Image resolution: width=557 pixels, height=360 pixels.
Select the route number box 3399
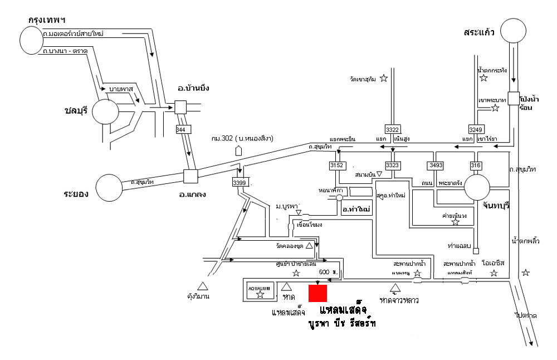(x=239, y=182)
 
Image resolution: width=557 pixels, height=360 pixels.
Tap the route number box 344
(x=180, y=129)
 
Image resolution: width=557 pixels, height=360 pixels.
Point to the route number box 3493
(x=435, y=166)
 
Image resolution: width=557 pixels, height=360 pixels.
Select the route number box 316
(x=475, y=166)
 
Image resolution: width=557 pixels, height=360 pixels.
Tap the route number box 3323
(x=393, y=166)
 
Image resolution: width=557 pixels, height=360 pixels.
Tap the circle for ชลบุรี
(x=106, y=111)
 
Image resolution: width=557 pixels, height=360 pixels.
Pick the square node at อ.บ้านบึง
(x=180, y=107)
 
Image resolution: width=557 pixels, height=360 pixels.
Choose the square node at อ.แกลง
(x=191, y=177)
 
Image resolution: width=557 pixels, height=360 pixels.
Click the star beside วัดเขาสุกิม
(x=383, y=79)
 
